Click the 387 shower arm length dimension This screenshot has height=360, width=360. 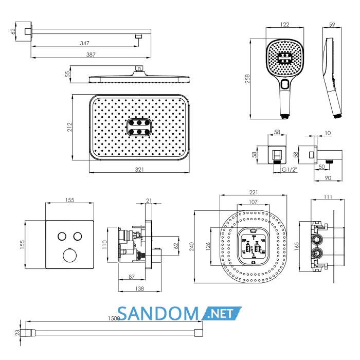pyautogui.click(x=91, y=55)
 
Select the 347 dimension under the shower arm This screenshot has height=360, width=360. pyautogui.click(x=84, y=43)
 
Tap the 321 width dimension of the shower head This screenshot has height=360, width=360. pyautogui.click(x=139, y=169)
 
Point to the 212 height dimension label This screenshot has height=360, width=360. pyautogui.click(x=69, y=127)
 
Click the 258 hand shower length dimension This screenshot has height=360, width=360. pyautogui.click(x=247, y=79)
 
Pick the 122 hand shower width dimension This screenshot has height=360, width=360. pyautogui.click(x=285, y=25)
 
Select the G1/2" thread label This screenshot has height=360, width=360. pyautogui.click(x=289, y=170)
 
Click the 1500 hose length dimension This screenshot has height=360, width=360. pyautogui.click(x=114, y=318)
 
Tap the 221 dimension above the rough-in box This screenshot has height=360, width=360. pyautogui.click(x=254, y=192)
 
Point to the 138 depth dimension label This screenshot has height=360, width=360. pyautogui.click(x=139, y=289)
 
